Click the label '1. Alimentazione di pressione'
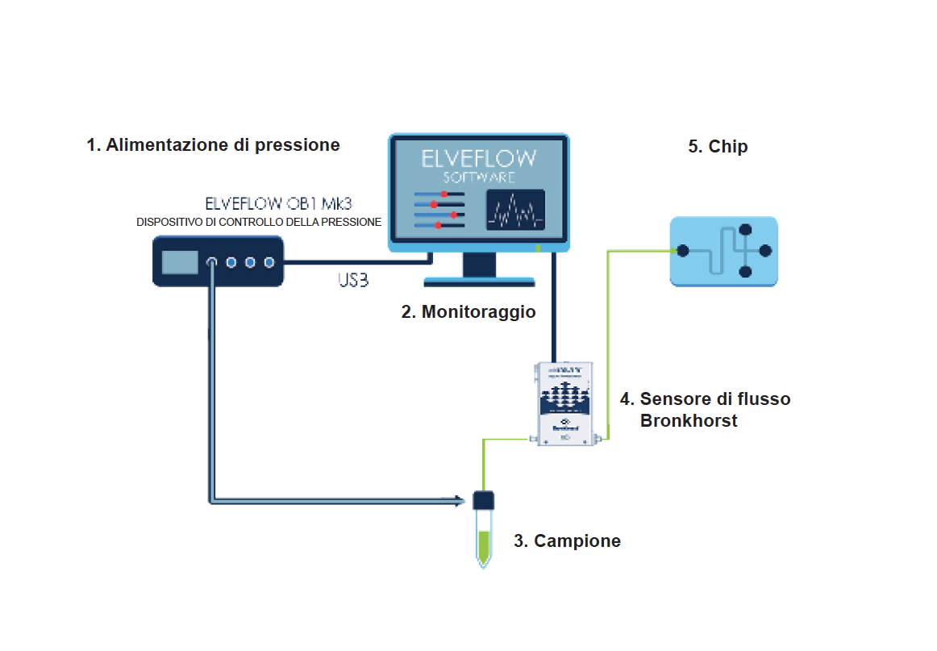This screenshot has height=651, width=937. (213, 145)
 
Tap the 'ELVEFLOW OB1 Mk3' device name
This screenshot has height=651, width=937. (279, 203)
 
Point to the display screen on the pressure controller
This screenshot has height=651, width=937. (180, 261)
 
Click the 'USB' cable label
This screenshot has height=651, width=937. (353, 282)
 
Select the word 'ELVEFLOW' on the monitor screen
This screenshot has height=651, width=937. (479, 157)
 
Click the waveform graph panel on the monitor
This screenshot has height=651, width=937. (514, 211)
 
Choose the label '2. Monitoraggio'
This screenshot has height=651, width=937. (468, 312)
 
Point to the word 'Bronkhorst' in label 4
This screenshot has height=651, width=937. (689, 421)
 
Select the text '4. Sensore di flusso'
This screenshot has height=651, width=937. (705, 399)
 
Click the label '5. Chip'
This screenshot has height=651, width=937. (718, 147)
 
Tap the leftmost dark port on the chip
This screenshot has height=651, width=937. (683, 251)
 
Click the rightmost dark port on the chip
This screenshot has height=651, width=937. (765, 251)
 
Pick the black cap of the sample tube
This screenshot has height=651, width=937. (483, 500)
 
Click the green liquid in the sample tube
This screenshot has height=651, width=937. (483, 546)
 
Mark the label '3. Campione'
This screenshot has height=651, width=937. (567, 541)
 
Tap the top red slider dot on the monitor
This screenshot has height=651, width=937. (444, 194)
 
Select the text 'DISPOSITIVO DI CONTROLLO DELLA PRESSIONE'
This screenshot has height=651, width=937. (259, 222)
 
